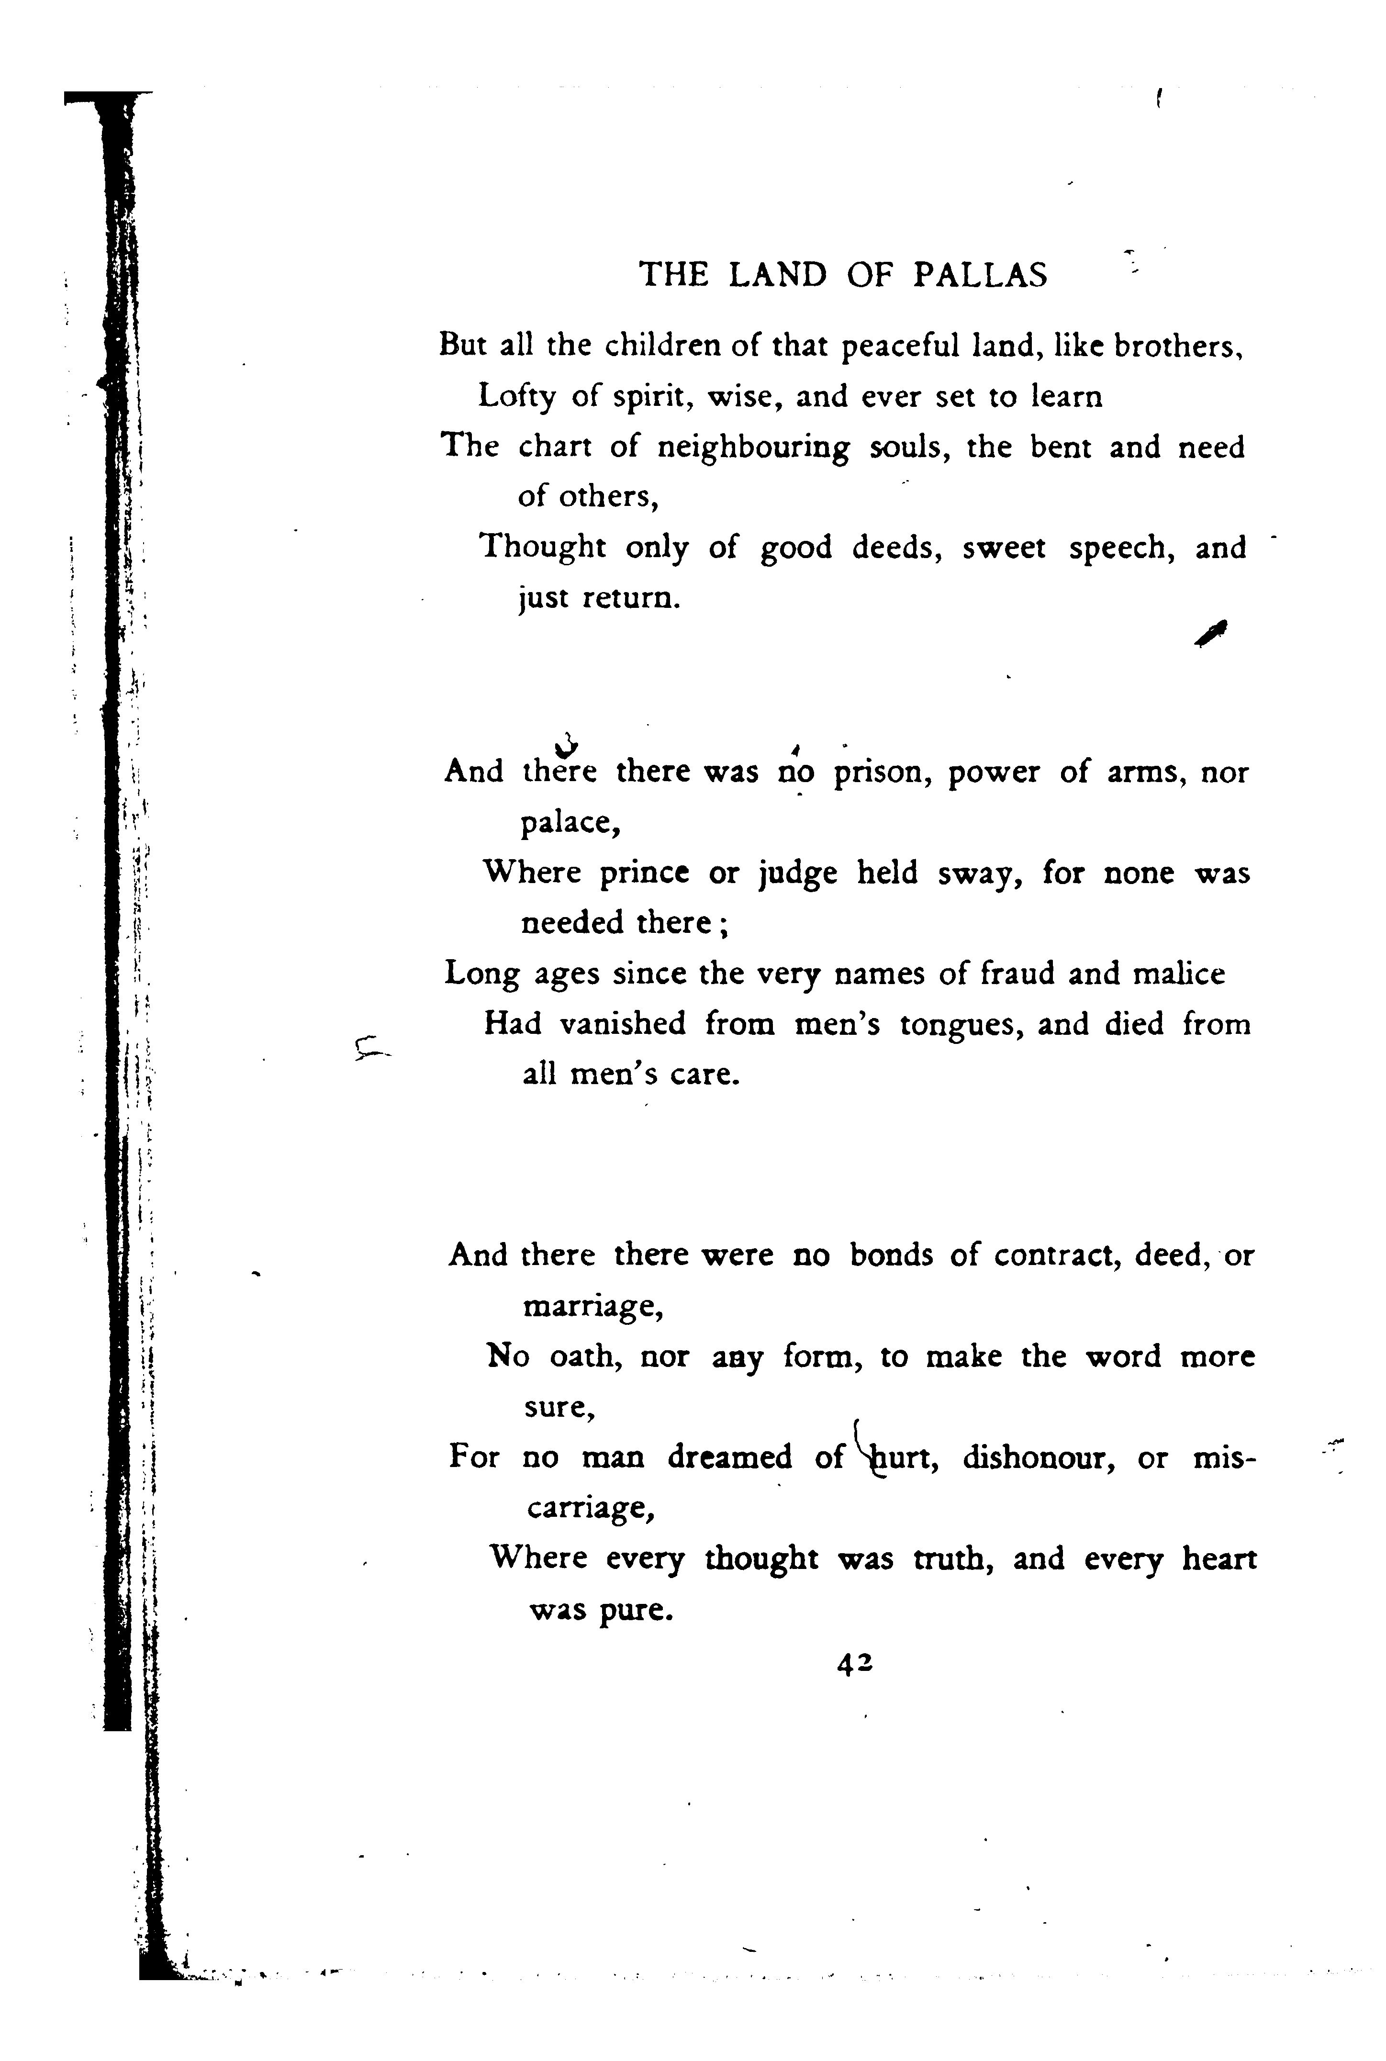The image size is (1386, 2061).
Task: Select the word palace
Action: [x=569, y=824]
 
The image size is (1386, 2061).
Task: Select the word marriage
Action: [x=592, y=1306]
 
